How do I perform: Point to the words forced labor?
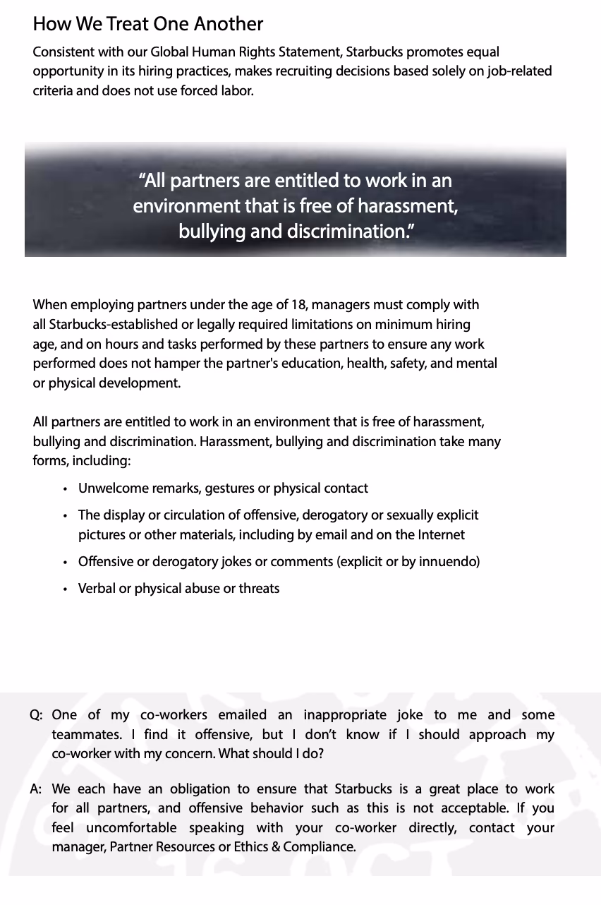(x=218, y=90)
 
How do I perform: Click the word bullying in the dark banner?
(x=212, y=232)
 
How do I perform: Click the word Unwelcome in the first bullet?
(x=112, y=489)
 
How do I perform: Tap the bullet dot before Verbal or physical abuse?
(x=66, y=589)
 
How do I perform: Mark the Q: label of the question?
(x=37, y=715)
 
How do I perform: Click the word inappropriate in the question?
(x=346, y=715)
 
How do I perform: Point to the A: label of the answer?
(x=37, y=789)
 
